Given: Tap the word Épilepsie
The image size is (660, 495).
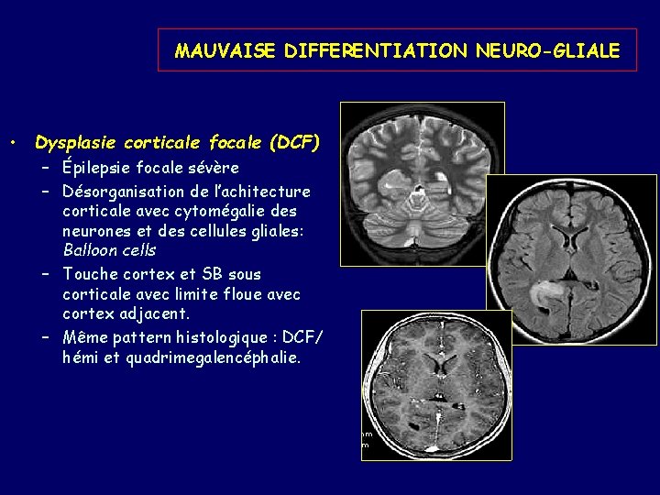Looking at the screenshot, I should (x=96, y=168).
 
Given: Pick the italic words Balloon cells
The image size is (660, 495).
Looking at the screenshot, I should (x=109, y=249).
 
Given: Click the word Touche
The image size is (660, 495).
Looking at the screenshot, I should (x=89, y=274).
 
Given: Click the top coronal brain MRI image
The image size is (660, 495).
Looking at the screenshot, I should (x=422, y=183).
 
